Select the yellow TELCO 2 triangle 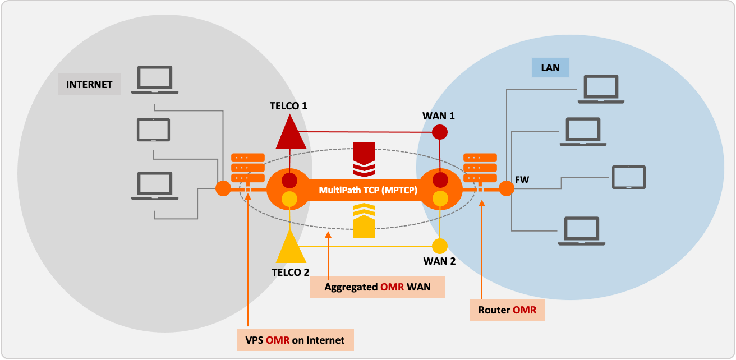(291, 248)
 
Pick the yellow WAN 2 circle (439, 246)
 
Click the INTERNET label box (89, 85)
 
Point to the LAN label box (550, 68)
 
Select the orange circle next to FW (506, 188)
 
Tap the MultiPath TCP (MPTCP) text (368, 190)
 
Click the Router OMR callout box (507, 310)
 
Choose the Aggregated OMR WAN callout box (378, 287)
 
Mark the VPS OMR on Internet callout (295, 340)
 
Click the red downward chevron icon (364, 159)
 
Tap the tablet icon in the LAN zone (628, 177)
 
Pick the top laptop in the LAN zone (601, 89)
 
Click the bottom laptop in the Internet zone (154, 186)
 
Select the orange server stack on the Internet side (247, 167)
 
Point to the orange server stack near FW (480, 167)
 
